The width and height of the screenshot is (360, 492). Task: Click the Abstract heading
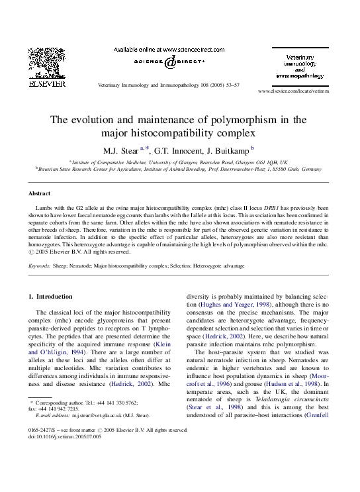tap(39, 193)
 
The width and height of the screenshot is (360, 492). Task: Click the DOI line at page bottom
tap(65, 436)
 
